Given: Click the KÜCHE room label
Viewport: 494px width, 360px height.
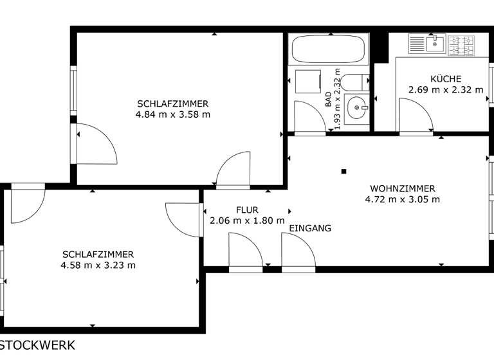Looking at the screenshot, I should (x=446, y=79).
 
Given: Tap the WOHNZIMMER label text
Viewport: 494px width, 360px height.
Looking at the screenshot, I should (x=402, y=188).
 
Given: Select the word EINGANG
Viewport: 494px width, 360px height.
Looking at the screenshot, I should (x=310, y=228).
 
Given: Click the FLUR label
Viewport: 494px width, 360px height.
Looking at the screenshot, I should (x=247, y=210).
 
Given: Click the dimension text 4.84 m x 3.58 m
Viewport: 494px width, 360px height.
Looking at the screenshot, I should (x=172, y=114).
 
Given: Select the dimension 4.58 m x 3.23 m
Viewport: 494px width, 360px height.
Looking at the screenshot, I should (x=98, y=265).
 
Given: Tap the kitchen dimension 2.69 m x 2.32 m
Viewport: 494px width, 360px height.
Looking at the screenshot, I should (x=446, y=90).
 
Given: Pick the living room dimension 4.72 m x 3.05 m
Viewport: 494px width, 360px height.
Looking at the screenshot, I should (x=402, y=199).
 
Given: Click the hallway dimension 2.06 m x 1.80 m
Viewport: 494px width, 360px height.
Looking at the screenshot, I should (x=247, y=221).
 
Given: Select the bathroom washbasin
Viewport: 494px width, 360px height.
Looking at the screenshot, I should (x=356, y=108).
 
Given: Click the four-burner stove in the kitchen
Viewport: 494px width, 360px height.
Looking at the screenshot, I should (x=461, y=44).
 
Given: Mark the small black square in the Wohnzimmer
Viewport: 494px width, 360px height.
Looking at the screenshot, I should (x=344, y=171).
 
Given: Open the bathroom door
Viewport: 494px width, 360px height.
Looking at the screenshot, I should (x=308, y=118).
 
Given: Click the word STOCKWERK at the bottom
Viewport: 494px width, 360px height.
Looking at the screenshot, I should (x=37, y=345).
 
